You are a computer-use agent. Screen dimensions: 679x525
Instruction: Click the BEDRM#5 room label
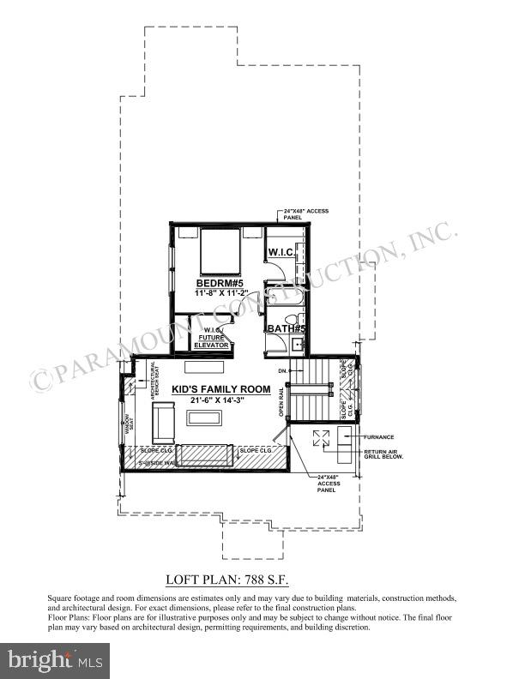[220, 284]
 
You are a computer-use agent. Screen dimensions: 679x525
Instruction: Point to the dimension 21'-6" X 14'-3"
[223, 400]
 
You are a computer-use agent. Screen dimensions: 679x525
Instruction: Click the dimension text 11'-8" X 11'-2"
[220, 294]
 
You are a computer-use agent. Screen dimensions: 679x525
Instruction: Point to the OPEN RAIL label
[280, 401]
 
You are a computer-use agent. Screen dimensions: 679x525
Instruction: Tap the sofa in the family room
[163, 420]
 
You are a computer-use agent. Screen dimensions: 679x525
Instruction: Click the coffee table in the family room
[204, 418]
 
